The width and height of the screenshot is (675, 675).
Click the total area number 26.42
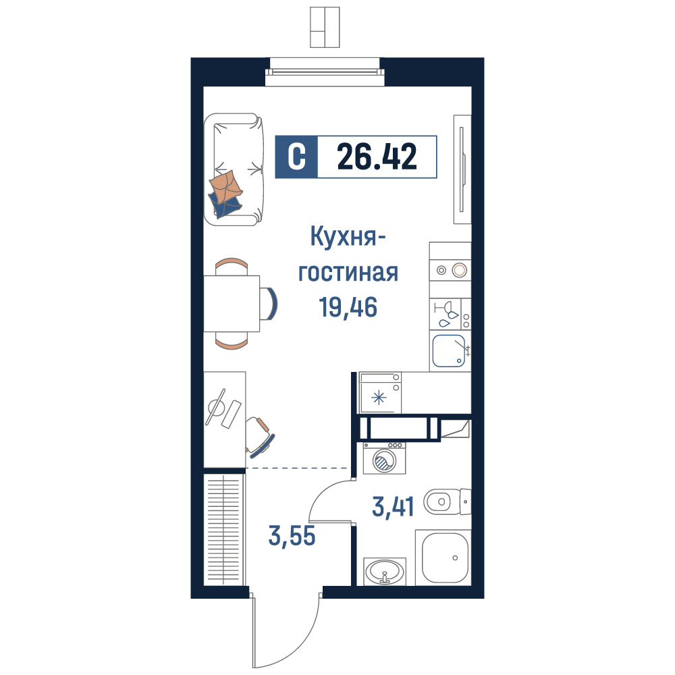click(x=377, y=157)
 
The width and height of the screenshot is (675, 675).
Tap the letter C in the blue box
click(x=296, y=157)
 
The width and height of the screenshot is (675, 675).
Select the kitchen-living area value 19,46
click(x=348, y=307)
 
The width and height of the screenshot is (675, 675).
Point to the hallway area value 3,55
click(x=292, y=536)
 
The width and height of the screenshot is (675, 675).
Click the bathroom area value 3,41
click(x=393, y=506)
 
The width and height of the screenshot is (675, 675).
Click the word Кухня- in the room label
click(x=348, y=237)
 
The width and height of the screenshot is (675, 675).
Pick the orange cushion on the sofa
click(x=225, y=186)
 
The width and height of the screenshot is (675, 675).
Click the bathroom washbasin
click(x=385, y=572)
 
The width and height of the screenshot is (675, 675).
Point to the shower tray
click(x=443, y=558)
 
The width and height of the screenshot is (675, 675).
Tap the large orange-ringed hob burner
click(x=459, y=271)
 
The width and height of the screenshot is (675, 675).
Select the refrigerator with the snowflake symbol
click(x=380, y=393)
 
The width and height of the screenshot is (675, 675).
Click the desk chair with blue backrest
click(x=260, y=437)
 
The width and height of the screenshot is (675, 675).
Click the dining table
click(x=232, y=304)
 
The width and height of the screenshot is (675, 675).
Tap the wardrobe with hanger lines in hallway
click(x=223, y=529)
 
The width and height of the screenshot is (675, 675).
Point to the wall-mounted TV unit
click(x=462, y=169)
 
